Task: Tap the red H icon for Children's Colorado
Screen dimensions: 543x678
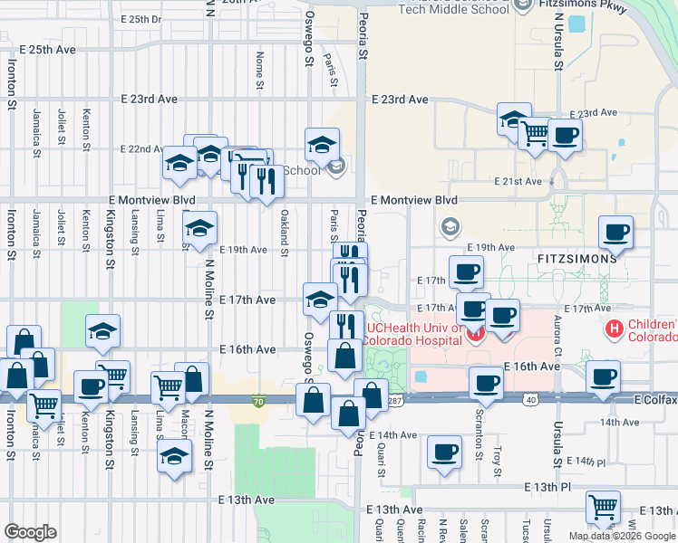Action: pos(615,329)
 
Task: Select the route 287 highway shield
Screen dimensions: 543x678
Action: pos(394,398)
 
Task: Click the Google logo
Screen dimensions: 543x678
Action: pos(30,532)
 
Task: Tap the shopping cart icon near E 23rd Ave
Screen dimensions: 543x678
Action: pos(535,134)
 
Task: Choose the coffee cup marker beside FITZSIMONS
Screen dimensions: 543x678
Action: pos(616,232)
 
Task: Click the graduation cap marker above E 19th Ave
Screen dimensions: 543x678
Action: pos(201,227)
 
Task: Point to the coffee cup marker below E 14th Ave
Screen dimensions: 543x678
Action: pos(444,452)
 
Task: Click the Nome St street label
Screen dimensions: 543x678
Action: pos(260,64)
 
